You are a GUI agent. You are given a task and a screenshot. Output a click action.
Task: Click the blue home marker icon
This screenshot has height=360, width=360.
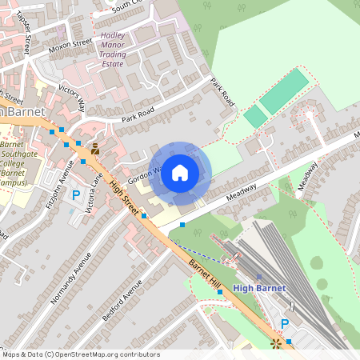pyautogui.click(x=180, y=173)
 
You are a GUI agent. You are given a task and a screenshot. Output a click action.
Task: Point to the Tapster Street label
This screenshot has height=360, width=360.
pyautogui.click(x=23, y=32)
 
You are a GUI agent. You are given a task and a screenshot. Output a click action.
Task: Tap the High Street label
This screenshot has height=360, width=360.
pyautogui.click(x=124, y=195)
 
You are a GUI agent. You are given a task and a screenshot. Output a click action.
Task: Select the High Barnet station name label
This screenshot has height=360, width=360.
pyautogui.click(x=258, y=288)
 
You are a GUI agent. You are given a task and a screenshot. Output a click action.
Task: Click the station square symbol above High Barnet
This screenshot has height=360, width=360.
pyautogui.click(x=258, y=277)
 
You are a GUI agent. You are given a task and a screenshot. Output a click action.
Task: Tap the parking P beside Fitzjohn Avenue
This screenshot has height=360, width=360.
pyautogui.click(x=77, y=194)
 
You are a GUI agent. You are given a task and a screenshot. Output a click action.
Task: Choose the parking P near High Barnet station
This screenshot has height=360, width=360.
pyautogui.click(x=284, y=324)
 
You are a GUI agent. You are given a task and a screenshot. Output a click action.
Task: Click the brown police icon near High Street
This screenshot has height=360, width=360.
pyautogui.click(x=95, y=149)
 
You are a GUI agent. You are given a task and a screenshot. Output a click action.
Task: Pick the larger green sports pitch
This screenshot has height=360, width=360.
pyautogui.click(x=283, y=91)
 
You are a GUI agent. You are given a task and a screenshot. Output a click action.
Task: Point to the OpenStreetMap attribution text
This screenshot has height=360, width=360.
pyautogui.click(x=80, y=354)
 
